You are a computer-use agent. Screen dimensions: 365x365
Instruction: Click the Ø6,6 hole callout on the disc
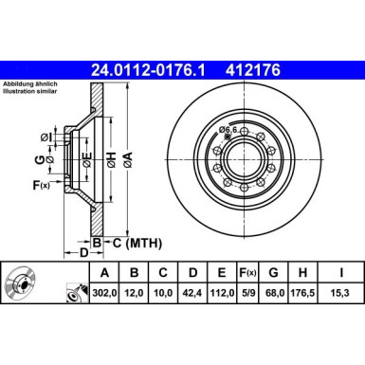pyautogui.click(x=230, y=130)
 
